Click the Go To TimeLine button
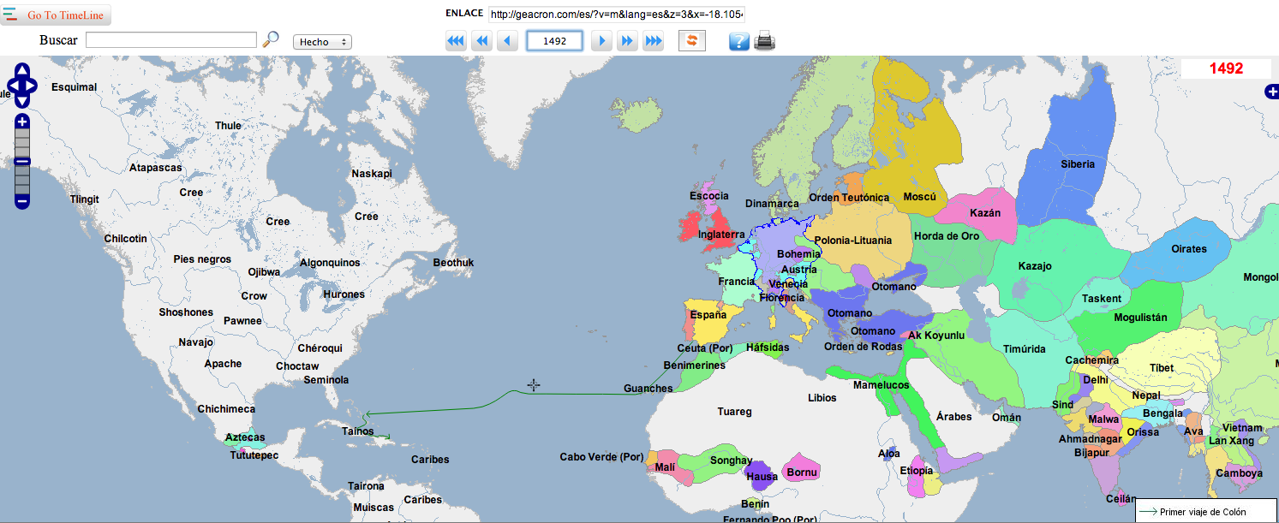[x=56, y=15]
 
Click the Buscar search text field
[x=171, y=40]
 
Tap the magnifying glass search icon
[x=271, y=39]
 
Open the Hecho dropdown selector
[x=322, y=42]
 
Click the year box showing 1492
[x=554, y=41]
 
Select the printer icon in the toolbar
[x=764, y=41]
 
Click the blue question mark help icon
[x=738, y=41]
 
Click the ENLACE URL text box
[x=617, y=15]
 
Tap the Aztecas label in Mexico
[x=245, y=437]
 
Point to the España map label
[x=708, y=315]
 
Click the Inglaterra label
[x=721, y=235]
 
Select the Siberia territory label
[x=1078, y=164]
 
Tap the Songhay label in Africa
[x=731, y=461]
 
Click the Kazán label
[x=985, y=213]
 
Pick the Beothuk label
[x=453, y=263]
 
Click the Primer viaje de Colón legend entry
[x=1203, y=512]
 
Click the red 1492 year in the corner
[x=1226, y=68]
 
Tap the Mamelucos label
[x=881, y=385]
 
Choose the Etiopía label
[x=917, y=471]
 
